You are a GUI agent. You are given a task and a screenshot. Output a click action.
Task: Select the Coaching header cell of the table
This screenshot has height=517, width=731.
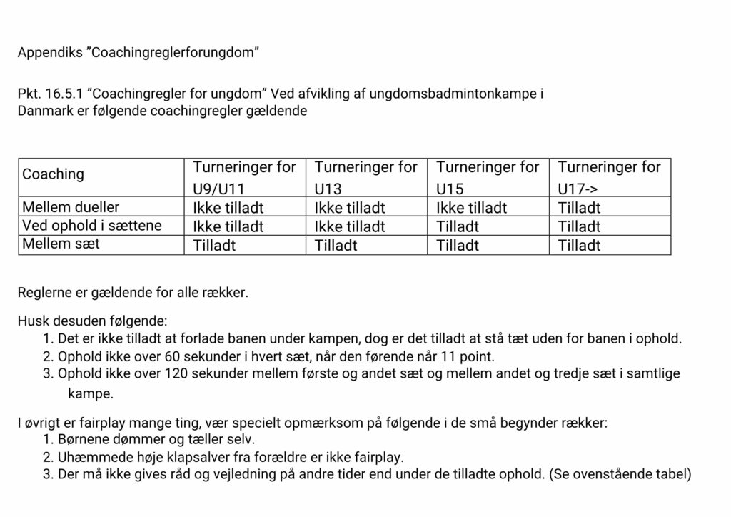coord(53,174)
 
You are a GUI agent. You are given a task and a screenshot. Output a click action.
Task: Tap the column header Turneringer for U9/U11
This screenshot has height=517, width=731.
coord(244,177)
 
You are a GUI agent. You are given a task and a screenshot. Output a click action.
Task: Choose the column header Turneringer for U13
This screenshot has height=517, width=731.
coord(365,177)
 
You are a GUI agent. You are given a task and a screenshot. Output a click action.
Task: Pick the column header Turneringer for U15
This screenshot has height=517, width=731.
coord(488,177)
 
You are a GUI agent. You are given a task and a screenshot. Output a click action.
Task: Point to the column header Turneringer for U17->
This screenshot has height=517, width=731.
coord(609,177)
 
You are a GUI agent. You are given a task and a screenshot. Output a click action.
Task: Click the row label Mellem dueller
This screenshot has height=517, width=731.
coord(71,207)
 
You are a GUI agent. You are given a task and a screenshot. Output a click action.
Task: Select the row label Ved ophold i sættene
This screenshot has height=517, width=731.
coord(92,226)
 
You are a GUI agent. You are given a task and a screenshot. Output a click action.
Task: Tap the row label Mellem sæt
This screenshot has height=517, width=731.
coord(61,244)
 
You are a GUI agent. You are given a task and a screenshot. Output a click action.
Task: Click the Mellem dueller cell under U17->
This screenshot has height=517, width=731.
coord(579,208)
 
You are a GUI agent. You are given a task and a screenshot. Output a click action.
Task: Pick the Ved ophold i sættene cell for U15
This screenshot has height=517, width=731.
coord(458,226)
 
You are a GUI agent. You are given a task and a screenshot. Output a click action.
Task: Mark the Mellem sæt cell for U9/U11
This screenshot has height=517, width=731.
coord(214,245)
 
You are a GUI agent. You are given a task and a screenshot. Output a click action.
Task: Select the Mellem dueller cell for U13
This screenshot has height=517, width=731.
coord(350,208)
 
